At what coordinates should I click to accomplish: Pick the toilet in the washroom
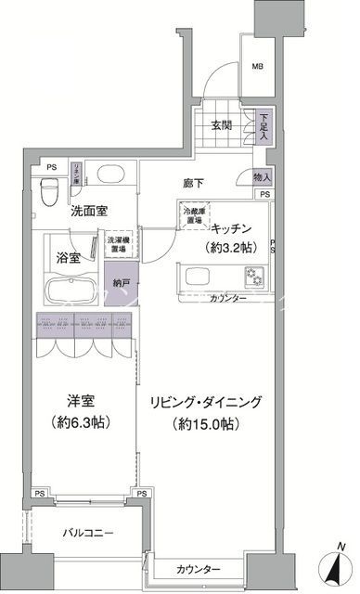[x=56, y=182]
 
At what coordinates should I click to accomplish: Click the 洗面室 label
[x=90, y=211]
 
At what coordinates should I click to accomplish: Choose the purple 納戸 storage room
[x=121, y=282]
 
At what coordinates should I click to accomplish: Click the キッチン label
[x=236, y=228]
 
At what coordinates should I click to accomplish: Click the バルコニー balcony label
[x=88, y=534]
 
